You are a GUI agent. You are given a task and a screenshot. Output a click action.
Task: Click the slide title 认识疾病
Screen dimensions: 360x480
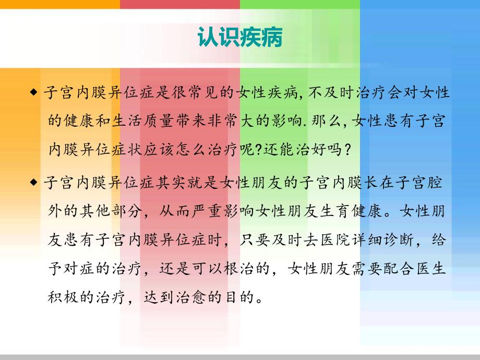pyautogui.click(x=240, y=38)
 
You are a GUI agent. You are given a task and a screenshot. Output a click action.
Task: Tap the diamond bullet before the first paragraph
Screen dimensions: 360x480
pyautogui.click(x=34, y=93)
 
